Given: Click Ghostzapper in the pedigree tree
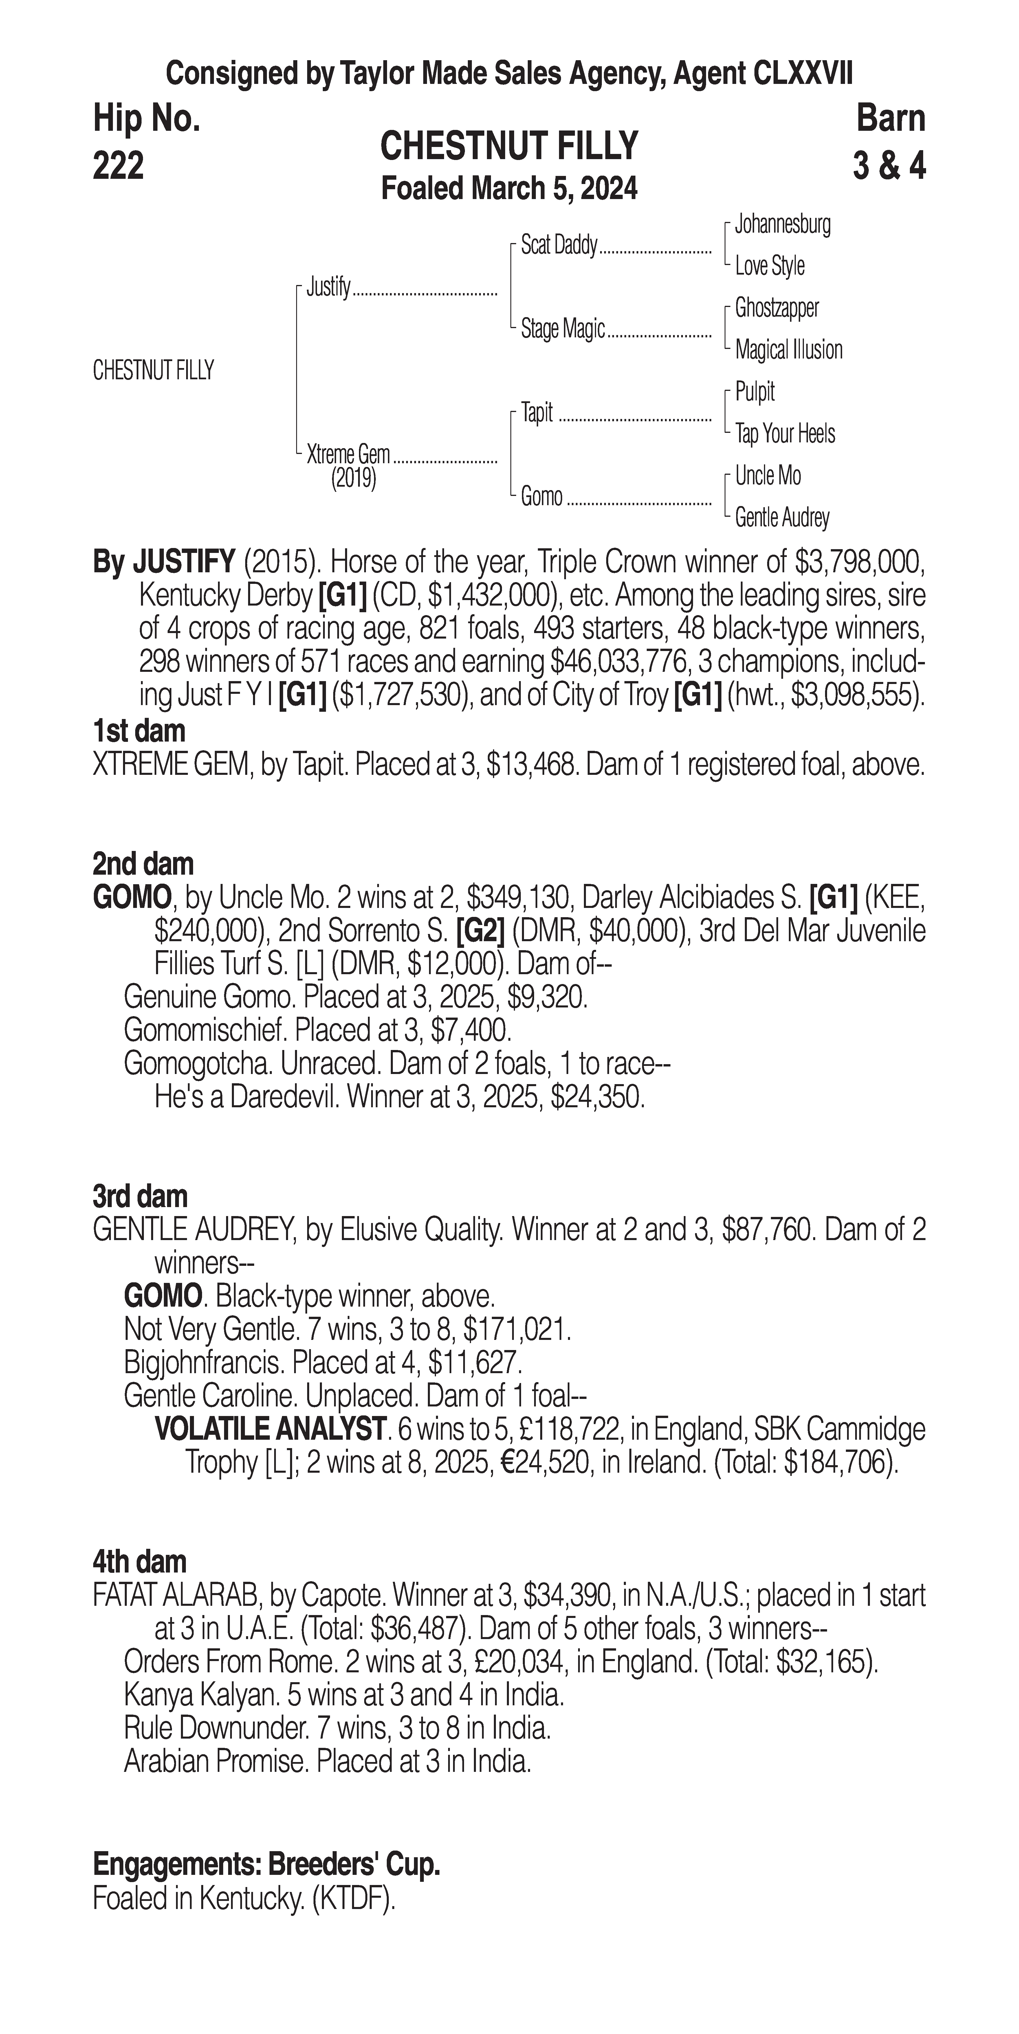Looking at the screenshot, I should point(776,308).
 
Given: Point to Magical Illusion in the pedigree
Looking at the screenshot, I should point(788,350).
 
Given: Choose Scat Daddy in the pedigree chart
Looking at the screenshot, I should point(558,246).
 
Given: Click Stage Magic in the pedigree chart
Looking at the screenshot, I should point(562,328).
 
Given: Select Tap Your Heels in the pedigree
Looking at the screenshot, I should point(785,433).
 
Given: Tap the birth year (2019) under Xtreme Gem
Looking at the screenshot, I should point(353,479).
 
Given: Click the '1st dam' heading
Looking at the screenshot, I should point(139,731).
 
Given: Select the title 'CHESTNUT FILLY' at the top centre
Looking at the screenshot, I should point(509,146).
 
